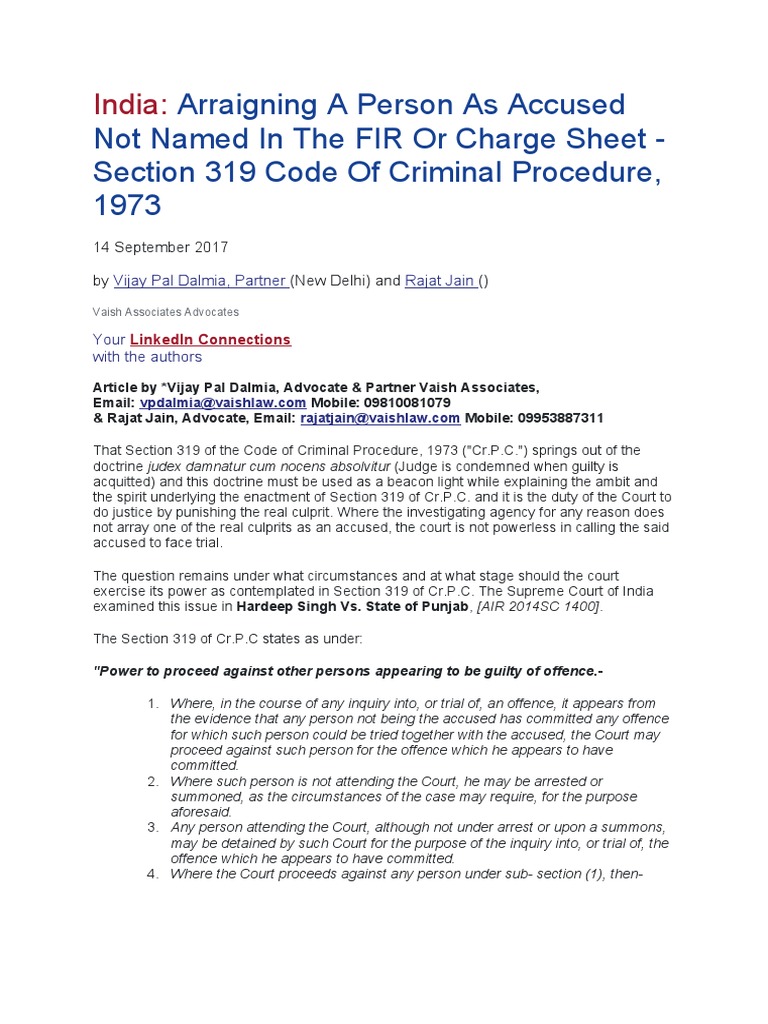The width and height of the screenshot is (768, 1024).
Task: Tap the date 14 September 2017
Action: tap(160, 247)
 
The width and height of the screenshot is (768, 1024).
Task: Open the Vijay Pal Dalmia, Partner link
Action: tap(200, 282)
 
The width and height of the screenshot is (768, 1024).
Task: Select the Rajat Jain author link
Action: tap(441, 282)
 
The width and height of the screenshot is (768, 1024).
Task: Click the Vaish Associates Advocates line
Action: tap(166, 312)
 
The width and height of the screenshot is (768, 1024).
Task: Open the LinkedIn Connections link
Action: tap(210, 339)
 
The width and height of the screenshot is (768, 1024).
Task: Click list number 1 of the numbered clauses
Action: tap(153, 704)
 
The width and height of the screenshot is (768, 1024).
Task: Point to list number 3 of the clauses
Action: tap(153, 828)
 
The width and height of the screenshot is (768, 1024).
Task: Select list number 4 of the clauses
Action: tap(153, 874)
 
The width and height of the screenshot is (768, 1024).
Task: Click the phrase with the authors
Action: tap(147, 357)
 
